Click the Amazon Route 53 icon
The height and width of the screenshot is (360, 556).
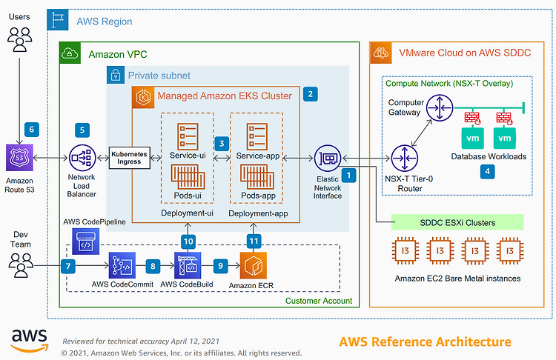coord(19,158)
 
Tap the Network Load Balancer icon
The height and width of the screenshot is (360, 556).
coord(82,158)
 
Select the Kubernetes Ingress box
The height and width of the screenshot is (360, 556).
coord(130,158)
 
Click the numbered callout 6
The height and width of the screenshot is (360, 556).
coord(32,130)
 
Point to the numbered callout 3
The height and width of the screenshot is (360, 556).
coord(222,144)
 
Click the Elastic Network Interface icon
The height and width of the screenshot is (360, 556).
coord(328,159)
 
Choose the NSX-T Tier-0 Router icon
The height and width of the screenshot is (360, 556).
coord(405,159)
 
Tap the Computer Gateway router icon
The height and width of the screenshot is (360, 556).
coord(440,107)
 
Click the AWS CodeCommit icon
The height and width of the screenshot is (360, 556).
coord(122,265)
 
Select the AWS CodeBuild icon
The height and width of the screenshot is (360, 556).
coord(188,265)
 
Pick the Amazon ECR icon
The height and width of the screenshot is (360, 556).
coord(254,265)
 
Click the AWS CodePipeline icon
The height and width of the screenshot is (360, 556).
coord(85,241)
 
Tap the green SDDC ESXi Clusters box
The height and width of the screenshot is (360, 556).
coord(457,222)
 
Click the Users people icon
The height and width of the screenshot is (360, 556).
coord(19,40)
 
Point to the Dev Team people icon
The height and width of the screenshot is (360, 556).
coord(21,265)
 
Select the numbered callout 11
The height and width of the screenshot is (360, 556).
coord(254,241)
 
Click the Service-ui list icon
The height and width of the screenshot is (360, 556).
coord(188,136)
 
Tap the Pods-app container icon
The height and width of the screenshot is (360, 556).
coord(257,177)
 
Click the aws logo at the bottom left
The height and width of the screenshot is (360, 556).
coord(30,341)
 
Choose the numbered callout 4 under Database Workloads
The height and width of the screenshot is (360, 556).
coord(488,172)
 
